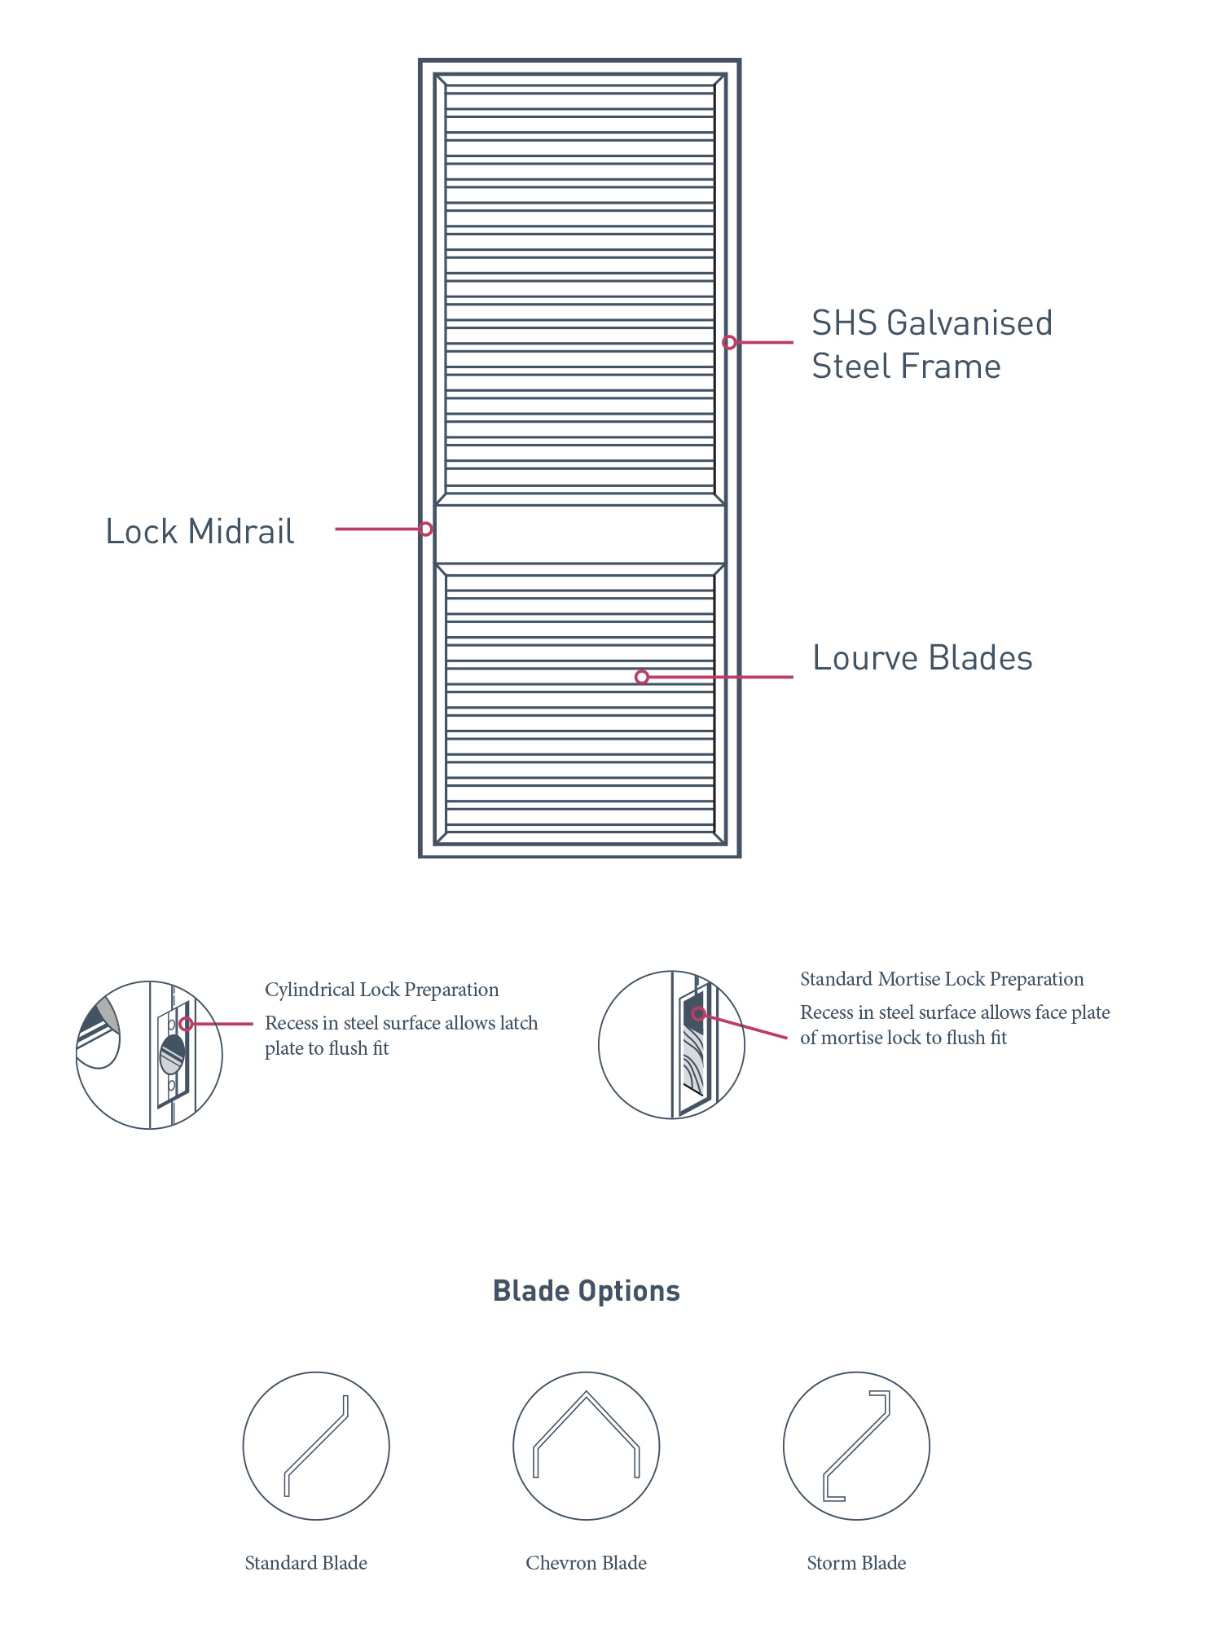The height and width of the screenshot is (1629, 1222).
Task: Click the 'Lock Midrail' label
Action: click(x=200, y=532)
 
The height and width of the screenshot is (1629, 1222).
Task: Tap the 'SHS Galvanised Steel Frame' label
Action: click(x=931, y=345)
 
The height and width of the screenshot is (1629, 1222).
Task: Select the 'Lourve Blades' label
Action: click(x=922, y=658)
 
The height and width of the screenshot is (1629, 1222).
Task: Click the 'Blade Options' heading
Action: click(x=587, y=1291)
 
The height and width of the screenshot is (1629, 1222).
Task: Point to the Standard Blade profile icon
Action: click(x=316, y=1446)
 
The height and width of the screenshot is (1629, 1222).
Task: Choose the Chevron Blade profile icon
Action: click(x=587, y=1446)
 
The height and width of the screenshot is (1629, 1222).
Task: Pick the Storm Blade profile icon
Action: click(x=856, y=1446)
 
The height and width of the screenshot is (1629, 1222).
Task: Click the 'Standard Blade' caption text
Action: click(x=306, y=1563)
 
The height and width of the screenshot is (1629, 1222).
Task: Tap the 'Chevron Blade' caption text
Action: click(x=587, y=1563)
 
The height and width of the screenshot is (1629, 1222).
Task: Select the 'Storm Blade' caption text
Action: click(x=856, y=1563)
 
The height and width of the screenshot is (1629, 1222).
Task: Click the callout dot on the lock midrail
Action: click(x=425, y=529)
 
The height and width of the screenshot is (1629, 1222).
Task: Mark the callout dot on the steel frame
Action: click(x=729, y=343)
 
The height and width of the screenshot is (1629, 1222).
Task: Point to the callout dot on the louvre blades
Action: click(x=642, y=677)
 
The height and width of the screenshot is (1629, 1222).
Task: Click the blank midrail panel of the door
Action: click(x=580, y=534)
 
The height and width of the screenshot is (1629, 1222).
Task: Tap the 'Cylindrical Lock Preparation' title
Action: click(x=382, y=990)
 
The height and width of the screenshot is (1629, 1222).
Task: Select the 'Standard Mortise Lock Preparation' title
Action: click(x=942, y=979)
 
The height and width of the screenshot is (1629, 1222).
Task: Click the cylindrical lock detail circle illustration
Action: click(x=149, y=1055)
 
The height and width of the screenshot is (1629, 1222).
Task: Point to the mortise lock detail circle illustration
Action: click(x=671, y=1045)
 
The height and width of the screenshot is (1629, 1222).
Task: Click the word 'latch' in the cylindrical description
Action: click(x=517, y=1023)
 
